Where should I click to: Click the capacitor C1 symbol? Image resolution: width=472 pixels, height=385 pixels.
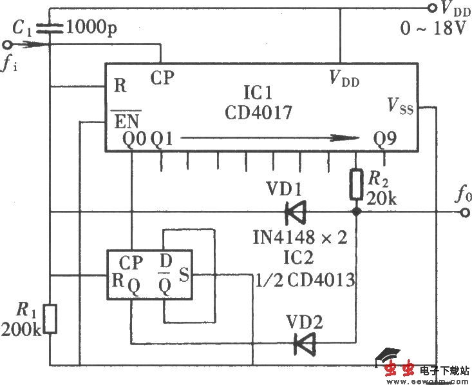pyautogui.click(x=50, y=28)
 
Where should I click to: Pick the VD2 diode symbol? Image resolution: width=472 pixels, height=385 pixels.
pyautogui.click(x=303, y=342)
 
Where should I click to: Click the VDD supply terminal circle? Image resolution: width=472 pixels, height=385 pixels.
pyautogui.click(x=433, y=8)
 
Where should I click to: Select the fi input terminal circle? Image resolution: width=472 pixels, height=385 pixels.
pyautogui.click(x=8, y=44)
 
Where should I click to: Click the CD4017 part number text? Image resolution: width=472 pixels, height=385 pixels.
pyautogui.click(x=258, y=112)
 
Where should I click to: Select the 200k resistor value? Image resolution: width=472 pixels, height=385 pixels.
pyautogui.click(x=21, y=331)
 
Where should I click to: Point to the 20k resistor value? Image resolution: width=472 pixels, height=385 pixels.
pyautogui.click(x=381, y=199)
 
